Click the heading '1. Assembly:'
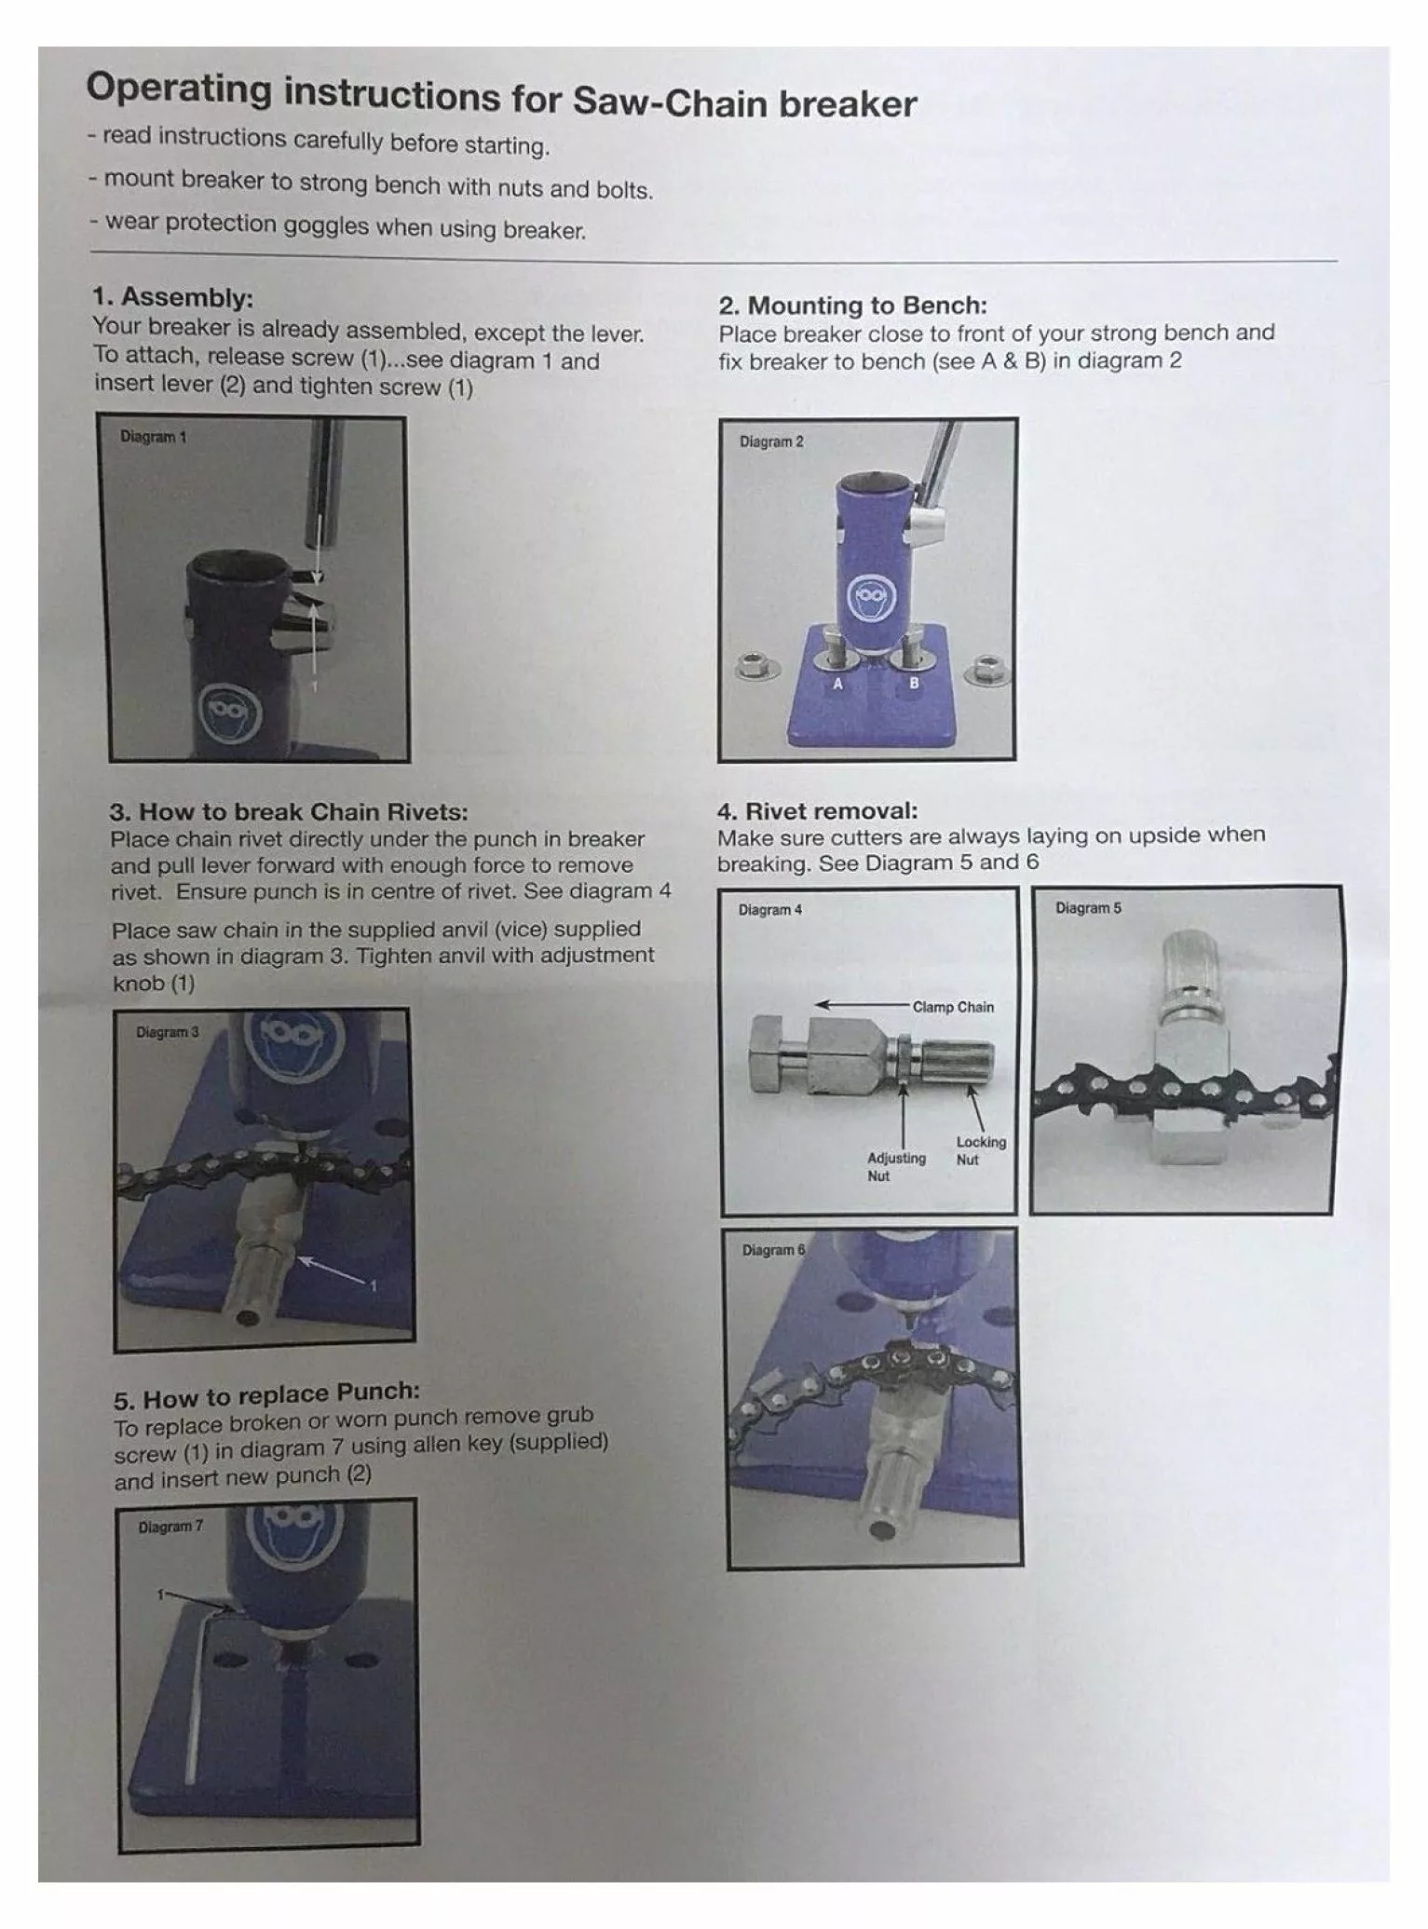[x=172, y=297]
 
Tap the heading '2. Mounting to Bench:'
[x=852, y=306]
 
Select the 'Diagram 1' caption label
[x=153, y=437]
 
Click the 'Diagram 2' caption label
[x=771, y=441]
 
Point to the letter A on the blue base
[x=837, y=684]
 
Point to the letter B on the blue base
[x=914, y=684]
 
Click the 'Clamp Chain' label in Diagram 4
[x=952, y=1007]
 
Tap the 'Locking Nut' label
[x=980, y=1150]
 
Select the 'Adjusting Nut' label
[x=895, y=1166]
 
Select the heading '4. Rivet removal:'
[x=817, y=810]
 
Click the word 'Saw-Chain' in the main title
[x=671, y=101]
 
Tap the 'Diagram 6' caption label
[x=773, y=1250]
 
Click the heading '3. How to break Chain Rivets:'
[x=289, y=811]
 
